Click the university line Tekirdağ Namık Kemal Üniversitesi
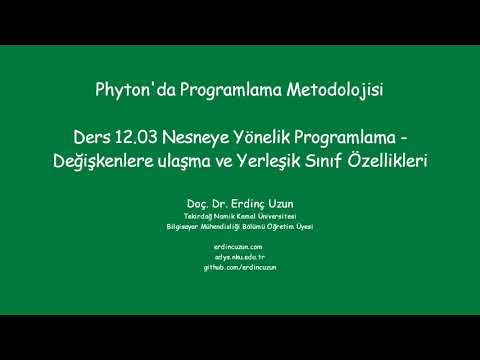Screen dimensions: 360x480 tap(240, 216)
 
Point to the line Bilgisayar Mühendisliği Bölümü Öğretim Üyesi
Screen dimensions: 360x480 tap(240, 227)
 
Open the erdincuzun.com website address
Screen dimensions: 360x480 tap(240, 246)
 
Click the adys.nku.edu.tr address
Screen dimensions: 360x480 tap(240, 257)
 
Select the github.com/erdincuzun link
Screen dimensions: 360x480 tap(240, 268)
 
